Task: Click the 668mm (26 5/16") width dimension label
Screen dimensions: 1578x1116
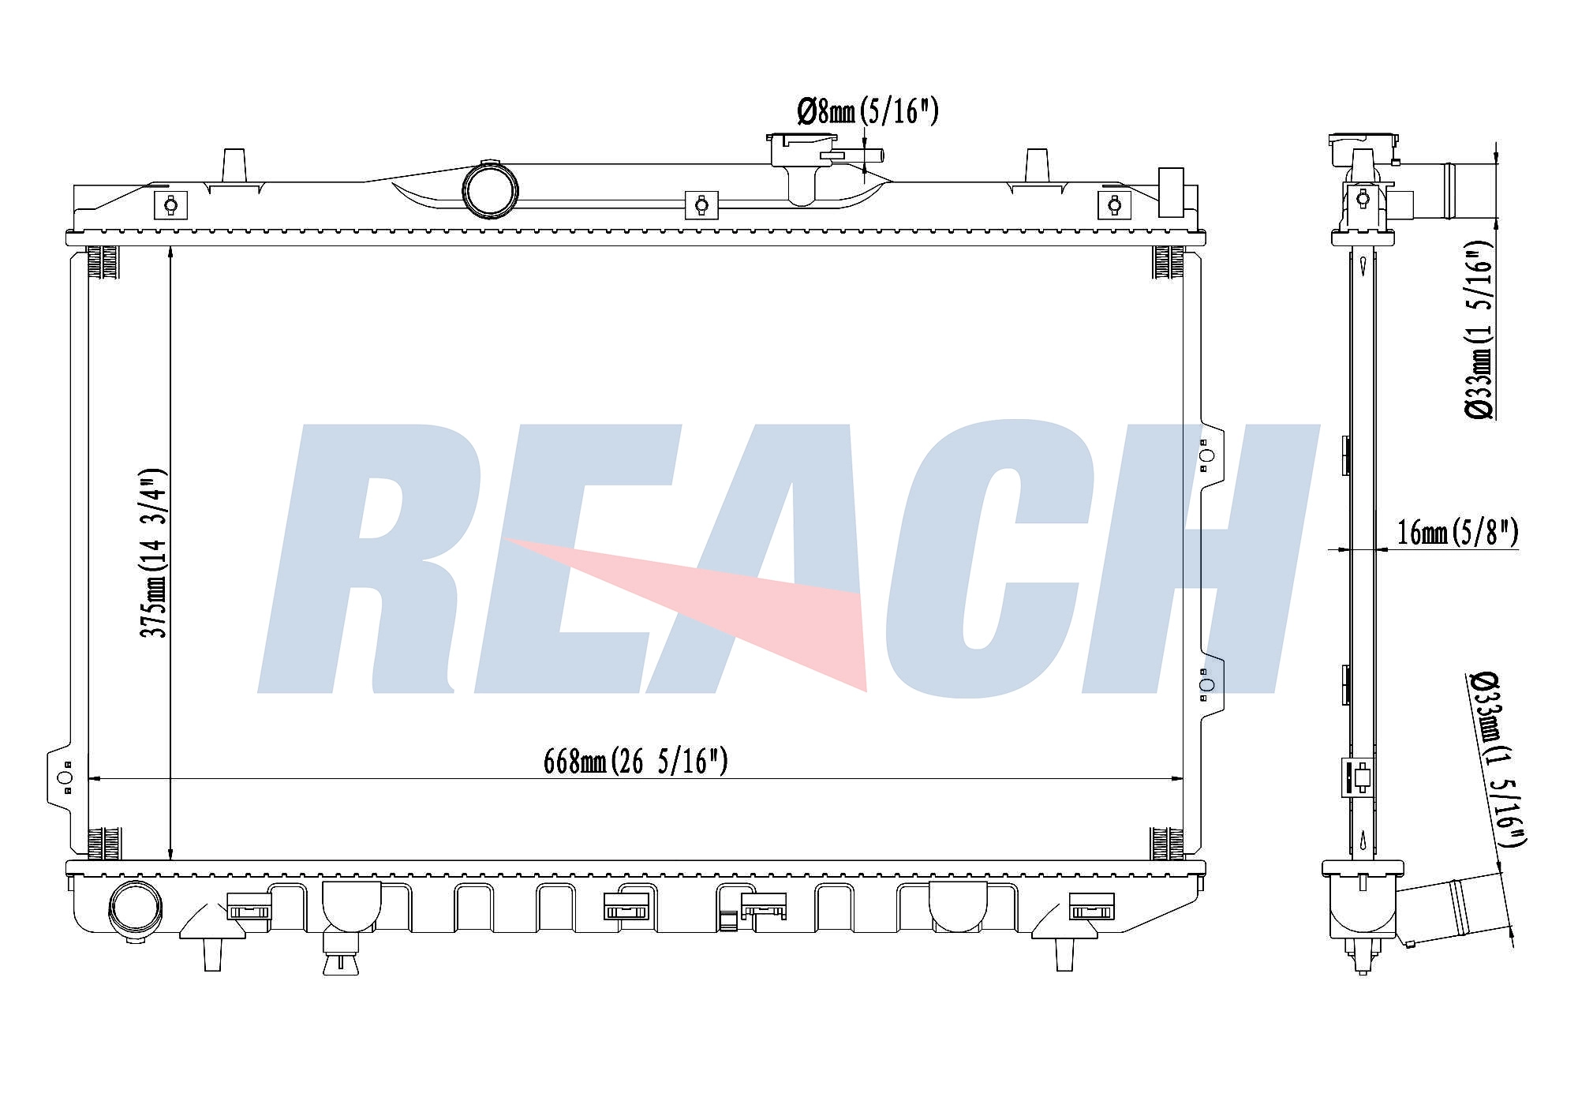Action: [x=635, y=762]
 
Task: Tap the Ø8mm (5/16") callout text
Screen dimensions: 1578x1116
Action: [x=868, y=111]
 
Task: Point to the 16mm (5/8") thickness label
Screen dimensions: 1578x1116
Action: [x=1457, y=533]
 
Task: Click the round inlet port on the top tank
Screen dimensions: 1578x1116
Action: [x=491, y=189]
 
